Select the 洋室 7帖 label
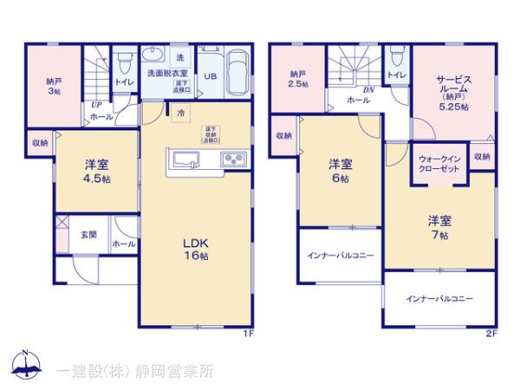(438, 227)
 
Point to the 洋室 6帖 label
(340, 171)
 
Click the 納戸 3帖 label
(54, 87)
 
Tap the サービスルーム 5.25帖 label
(452, 91)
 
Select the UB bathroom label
(210, 76)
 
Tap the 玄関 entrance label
(89, 234)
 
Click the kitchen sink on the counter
(187, 159)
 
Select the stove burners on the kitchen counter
(234, 159)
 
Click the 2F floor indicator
(491, 332)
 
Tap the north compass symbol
(25, 367)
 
